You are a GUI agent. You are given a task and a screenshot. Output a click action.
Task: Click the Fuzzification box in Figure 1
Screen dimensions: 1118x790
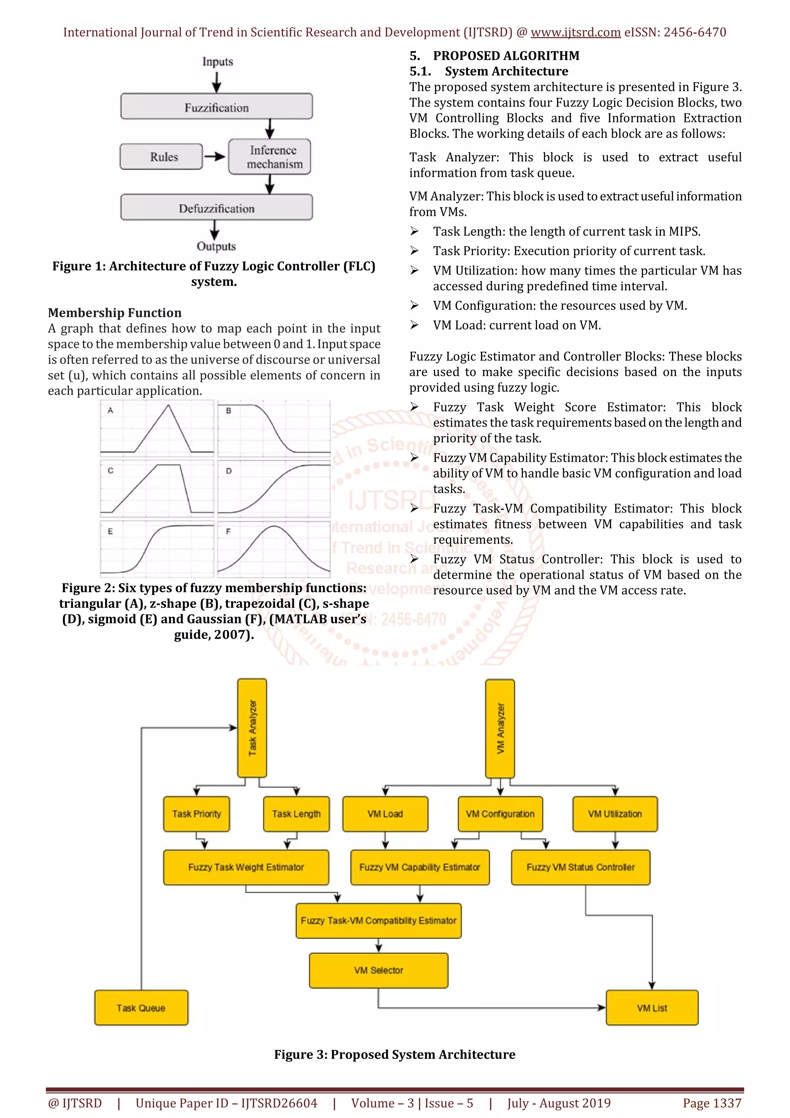[216, 107]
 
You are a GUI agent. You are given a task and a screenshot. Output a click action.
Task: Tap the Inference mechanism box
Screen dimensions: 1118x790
[270, 157]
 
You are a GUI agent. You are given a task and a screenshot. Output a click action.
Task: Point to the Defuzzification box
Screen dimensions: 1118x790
[216, 208]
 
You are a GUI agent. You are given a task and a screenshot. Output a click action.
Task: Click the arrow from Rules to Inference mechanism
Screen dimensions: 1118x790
[215, 157]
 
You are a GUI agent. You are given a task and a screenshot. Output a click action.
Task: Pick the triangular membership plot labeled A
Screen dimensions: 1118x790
[157, 429]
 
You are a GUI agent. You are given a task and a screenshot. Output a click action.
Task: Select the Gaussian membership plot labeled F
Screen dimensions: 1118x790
[274, 549]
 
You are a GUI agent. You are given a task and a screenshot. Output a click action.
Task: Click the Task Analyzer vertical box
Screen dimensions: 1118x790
[252, 728]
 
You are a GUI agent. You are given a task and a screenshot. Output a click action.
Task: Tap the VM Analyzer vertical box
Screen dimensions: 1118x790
[500, 728]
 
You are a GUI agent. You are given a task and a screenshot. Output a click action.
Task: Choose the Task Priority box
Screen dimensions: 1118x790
[196, 814]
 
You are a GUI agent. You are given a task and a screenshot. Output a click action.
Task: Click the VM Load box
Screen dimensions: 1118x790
[385, 814]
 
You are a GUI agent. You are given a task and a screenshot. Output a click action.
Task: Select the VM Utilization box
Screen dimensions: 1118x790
[615, 814]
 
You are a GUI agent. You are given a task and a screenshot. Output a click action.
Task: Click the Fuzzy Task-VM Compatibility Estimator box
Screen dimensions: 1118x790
[378, 921]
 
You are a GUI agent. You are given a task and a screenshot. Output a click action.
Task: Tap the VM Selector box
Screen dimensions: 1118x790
[378, 971]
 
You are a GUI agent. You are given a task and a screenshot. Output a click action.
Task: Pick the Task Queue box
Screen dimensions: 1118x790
[141, 1008]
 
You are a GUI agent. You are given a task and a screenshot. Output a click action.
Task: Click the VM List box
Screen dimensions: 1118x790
[652, 1008]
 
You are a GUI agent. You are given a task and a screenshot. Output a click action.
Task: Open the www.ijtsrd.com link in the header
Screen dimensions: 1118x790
[576, 33]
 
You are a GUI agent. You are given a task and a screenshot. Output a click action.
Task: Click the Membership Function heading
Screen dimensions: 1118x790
[115, 313]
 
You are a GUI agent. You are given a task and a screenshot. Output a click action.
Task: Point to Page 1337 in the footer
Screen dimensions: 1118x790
[712, 1103]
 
